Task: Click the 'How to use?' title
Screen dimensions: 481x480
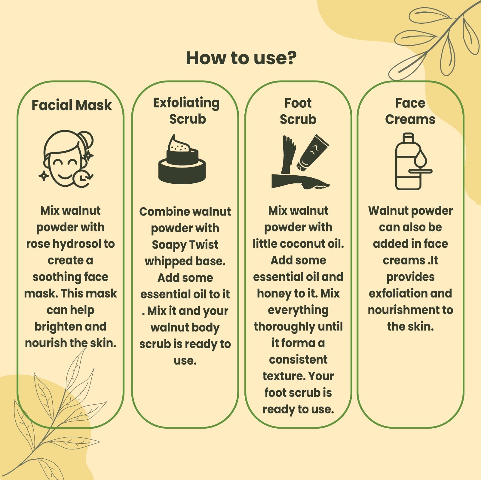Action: pos(241,58)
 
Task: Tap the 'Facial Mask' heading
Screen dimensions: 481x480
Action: pos(72,105)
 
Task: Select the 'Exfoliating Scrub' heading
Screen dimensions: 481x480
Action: pos(186,111)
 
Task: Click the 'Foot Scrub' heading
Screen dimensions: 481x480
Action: pos(298,111)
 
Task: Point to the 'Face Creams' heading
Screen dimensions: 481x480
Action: pos(410,111)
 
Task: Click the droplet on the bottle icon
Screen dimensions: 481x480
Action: pos(420,158)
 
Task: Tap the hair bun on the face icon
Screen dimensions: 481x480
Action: pos(86,141)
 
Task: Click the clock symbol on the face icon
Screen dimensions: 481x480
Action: pos(82,179)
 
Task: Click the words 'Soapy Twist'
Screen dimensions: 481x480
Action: pos(185,245)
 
